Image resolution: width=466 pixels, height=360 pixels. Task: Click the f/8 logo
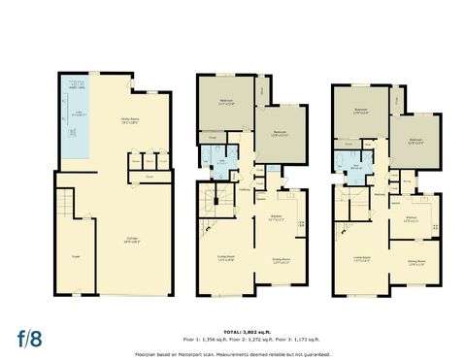tap(31, 338)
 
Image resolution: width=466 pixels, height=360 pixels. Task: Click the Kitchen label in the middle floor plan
tap(276, 217)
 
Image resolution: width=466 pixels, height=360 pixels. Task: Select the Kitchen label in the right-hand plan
tap(411, 218)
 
